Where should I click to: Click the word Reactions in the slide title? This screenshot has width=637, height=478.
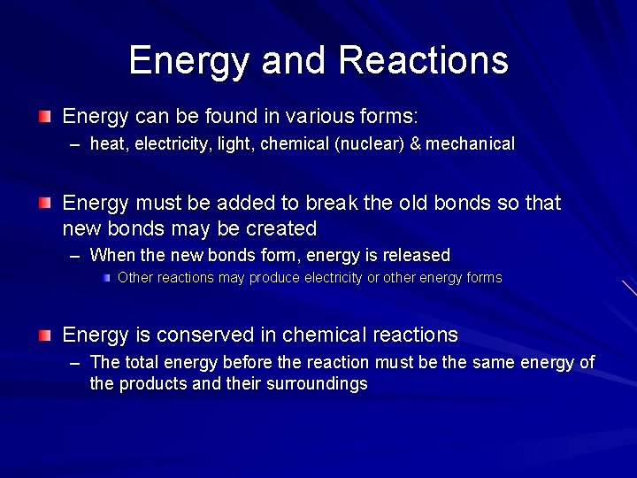(x=423, y=60)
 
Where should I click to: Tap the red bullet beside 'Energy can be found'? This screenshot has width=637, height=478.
(x=45, y=116)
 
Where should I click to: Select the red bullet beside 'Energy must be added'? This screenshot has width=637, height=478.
(x=45, y=203)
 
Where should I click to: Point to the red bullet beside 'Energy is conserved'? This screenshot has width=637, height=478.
(x=45, y=335)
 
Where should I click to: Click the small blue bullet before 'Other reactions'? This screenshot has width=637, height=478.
(x=106, y=278)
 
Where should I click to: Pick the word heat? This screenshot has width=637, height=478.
(x=108, y=143)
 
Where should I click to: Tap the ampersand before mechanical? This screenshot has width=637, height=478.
(x=415, y=143)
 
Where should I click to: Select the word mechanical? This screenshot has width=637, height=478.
(x=471, y=143)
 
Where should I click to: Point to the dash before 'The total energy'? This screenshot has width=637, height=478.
(x=77, y=363)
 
